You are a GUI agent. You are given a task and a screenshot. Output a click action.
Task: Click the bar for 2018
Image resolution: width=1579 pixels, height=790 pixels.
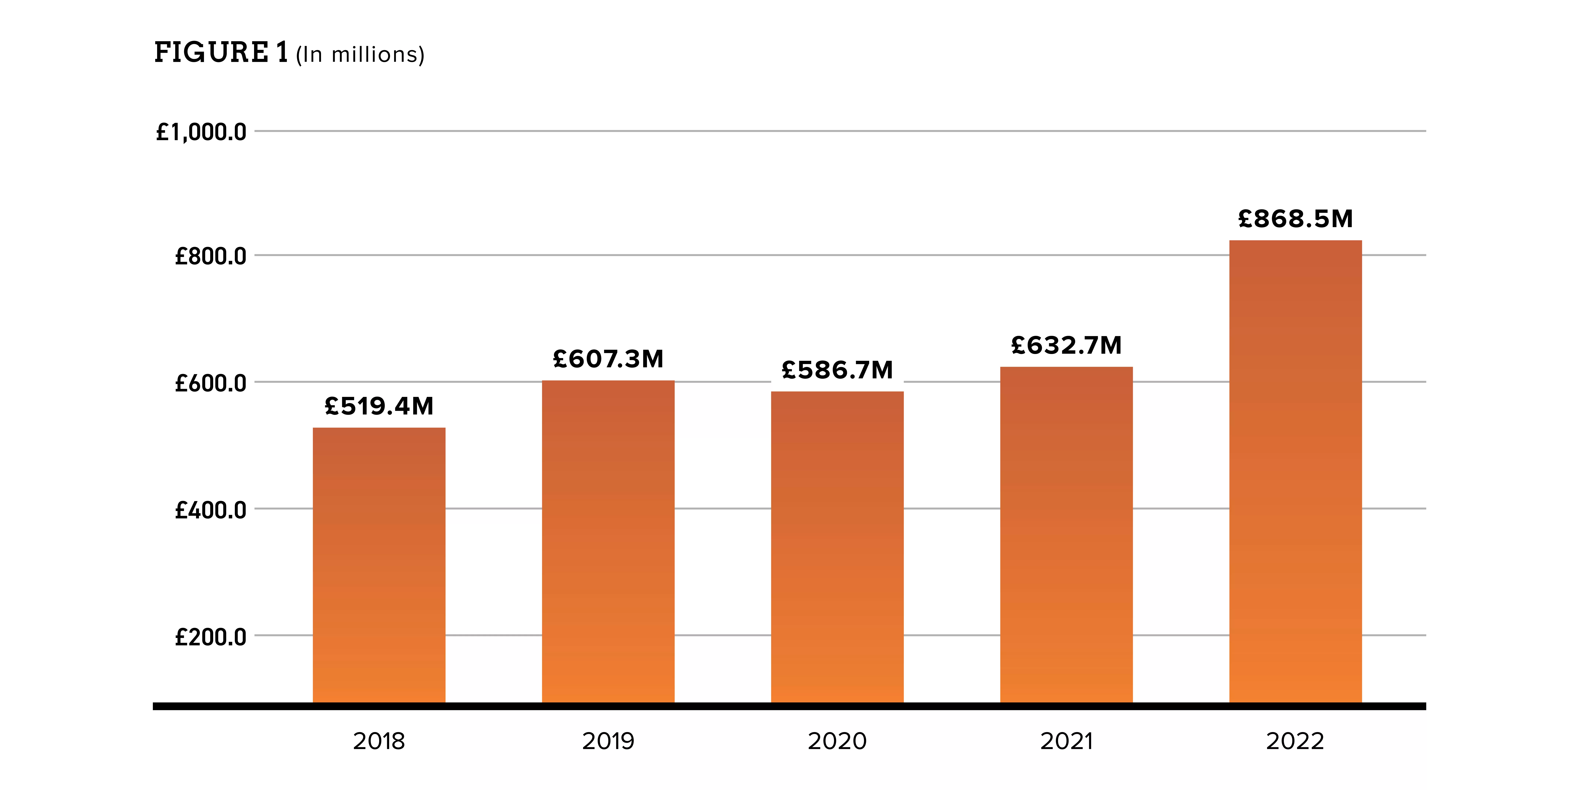point(379,565)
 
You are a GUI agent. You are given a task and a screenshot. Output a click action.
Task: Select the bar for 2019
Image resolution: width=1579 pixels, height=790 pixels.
point(608,542)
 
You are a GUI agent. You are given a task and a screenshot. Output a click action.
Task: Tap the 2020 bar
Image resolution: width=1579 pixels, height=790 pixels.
point(837,547)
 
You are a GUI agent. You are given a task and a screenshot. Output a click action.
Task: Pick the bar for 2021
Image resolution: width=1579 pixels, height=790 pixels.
point(1067,535)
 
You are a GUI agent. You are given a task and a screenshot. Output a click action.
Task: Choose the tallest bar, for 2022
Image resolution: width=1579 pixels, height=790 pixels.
point(1296,472)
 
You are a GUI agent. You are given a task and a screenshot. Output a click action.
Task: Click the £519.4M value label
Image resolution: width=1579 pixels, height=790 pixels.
point(379,406)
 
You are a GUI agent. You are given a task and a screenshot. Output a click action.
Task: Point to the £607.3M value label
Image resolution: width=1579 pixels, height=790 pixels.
point(608,359)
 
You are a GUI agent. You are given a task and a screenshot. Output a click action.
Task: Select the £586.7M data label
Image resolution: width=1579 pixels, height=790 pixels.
point(837,370)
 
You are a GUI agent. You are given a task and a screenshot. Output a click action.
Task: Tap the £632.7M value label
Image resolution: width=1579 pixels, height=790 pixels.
point(1067,345)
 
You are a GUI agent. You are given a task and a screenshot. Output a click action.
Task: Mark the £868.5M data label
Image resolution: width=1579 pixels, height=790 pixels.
point(1296,218)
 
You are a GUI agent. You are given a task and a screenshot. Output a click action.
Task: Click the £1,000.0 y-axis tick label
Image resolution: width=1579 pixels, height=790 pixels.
point(201,132)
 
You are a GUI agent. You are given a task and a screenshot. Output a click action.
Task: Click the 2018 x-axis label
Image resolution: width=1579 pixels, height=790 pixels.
point(379,741)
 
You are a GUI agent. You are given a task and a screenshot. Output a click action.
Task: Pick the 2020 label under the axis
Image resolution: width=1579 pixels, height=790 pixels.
point(837,741)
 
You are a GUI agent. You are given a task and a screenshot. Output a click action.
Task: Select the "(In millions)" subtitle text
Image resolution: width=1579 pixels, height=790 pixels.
point(360,55)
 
